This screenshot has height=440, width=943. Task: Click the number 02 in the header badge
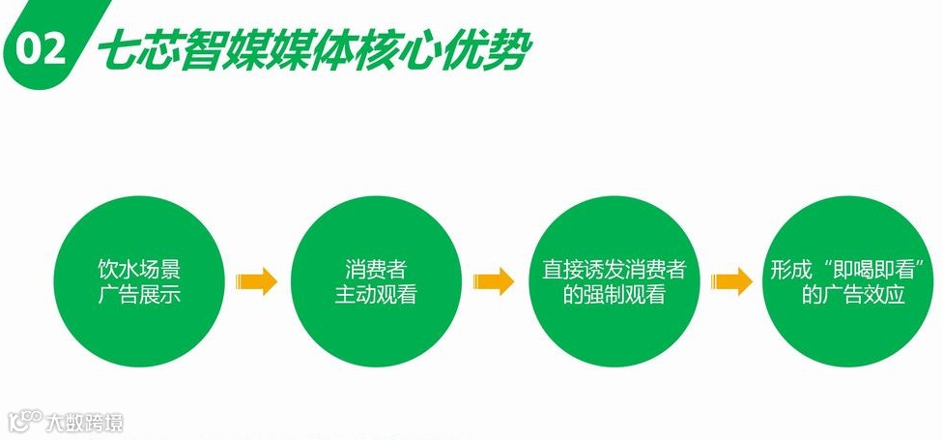click(x=41, y=50)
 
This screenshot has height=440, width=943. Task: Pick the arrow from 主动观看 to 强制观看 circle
click(x=495, y=281)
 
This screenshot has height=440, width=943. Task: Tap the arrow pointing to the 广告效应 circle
click(x=731, y=281)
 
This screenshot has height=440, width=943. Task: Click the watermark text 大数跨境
click(x=85, y=423)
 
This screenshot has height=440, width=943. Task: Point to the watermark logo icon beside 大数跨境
click(x=25, y=422)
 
